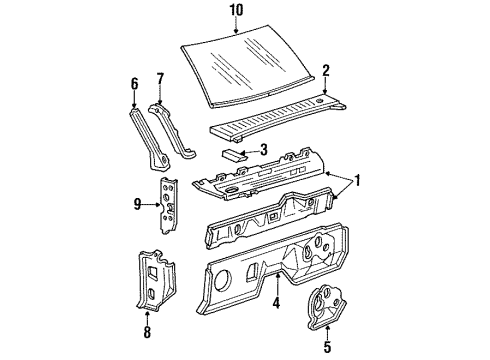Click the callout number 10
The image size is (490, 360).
(x=236, y=10)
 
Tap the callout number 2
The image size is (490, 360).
(x=326, y=71)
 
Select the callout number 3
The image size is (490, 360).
(x=264, y=150)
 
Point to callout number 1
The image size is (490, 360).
(x=357, y=180)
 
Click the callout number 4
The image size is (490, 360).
(x=276, y=303)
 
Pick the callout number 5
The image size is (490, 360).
(x=327, y=347)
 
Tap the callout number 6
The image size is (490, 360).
(x=134, y=84)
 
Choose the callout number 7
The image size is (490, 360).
(x=160, y=79)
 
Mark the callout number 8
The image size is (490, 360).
(x=147, y=332)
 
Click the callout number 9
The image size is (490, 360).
(x=137, y=204)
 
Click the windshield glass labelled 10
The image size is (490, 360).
(x=247, y=66)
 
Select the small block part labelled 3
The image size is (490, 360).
(x=233, y=155)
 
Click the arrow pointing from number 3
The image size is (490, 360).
(x=251, y=152)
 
